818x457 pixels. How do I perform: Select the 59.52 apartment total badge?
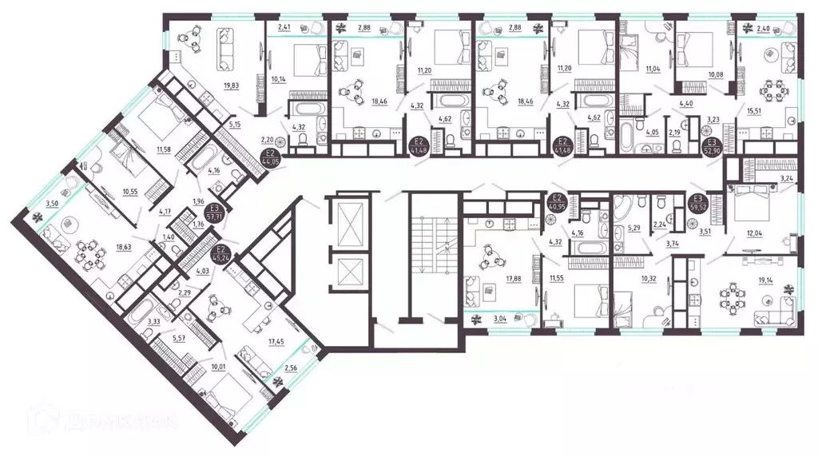click(x=697, y=207)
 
